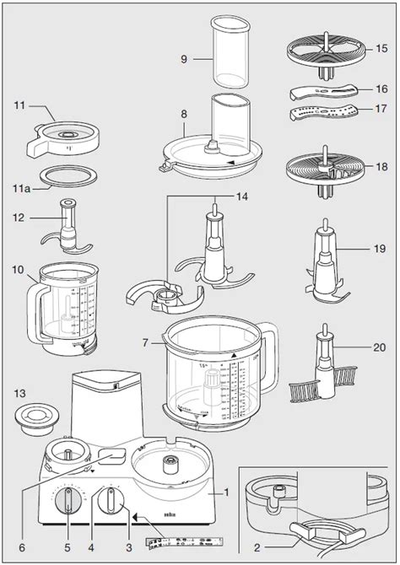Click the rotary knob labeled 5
click(x=67, y=503)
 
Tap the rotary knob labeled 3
click(x=109, y=503)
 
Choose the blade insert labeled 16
click(x=325, y=90)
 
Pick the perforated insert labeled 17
click(x=326, y=112)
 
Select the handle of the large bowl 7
click(x=273, y=354)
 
